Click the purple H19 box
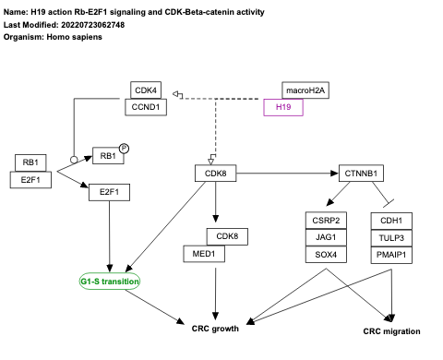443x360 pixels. click(283, 107)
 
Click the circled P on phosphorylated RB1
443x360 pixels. click(123, 150)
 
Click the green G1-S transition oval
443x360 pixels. click(109, 281)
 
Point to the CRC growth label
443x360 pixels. click(215, 329)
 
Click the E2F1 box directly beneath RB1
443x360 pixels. click(37, 179)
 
